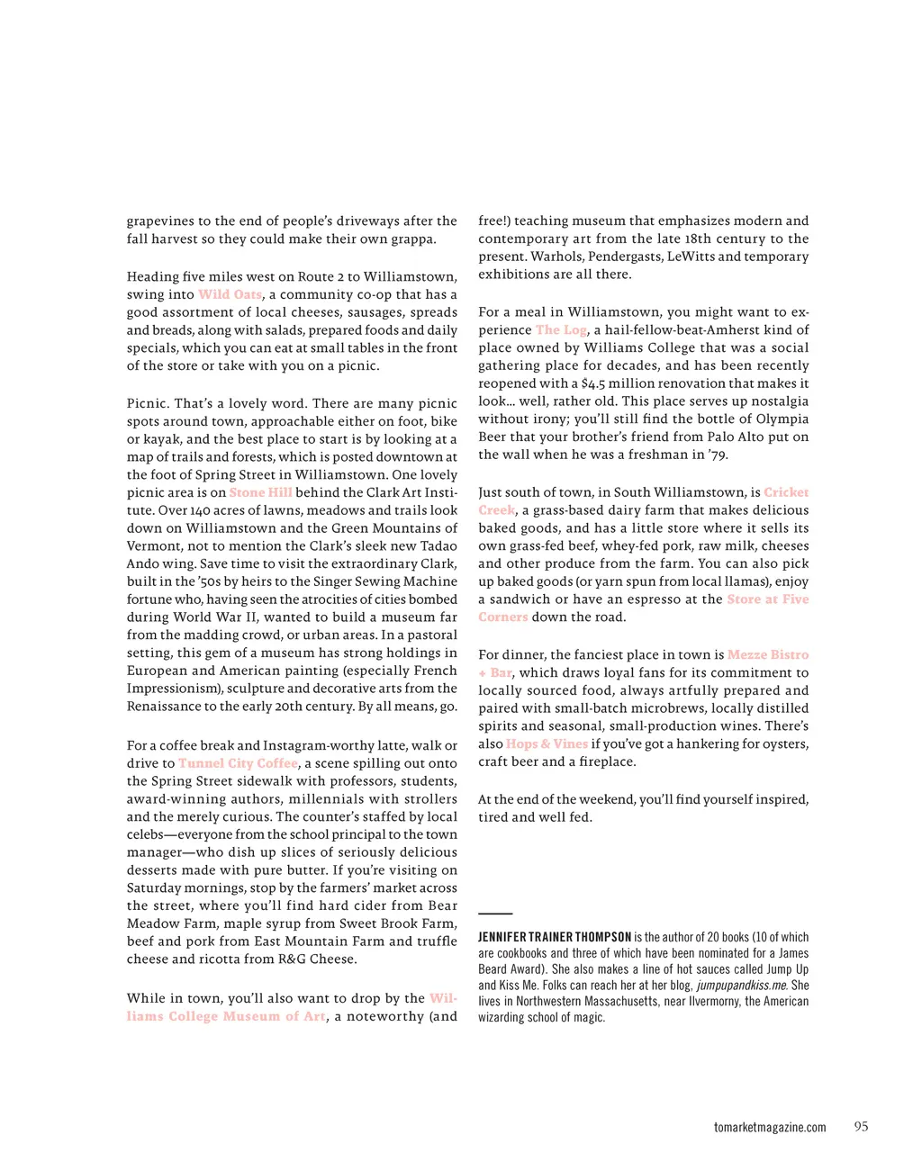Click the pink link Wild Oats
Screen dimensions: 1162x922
pyautogui.click(x=230, y=294)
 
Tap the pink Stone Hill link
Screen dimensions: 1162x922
pyautogui.click(x=260, y=492)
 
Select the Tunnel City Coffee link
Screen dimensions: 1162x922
pyautogui.click(x=238, y=763)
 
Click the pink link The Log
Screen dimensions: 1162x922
pyautogui.click(x=561, y=330)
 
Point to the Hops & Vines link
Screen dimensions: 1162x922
pyautogui.click(x=547, y=744)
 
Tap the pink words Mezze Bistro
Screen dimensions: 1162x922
pyautogui.click(x=768, y=655)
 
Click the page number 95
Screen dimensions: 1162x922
pyautogui.click(x=861, y=1127)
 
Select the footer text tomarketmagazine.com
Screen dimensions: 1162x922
pyautogui.click(x=770, y=1128)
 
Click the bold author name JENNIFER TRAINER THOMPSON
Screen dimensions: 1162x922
pyautogui.click(x=555, y=938)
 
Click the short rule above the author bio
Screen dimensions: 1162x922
pyautogui.click(x=495, y=914)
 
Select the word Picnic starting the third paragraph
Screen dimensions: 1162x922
pyautogui.click(x=147, y=404)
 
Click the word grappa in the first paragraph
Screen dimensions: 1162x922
pyautogui.click(x=412, y=239)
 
